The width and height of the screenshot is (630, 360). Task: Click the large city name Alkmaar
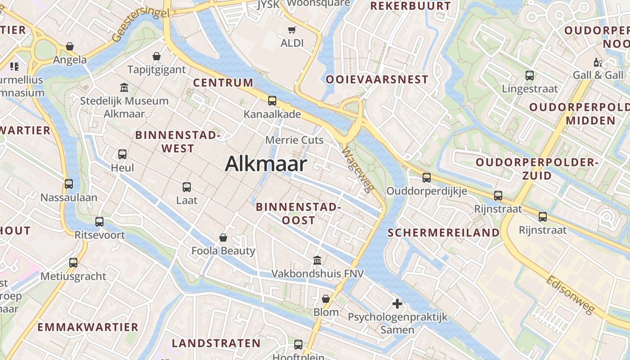(x=266, y=164)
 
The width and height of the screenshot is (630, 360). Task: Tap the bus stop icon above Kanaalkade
(x=272, y=101)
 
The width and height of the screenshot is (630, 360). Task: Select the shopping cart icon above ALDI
(x=292, y=30)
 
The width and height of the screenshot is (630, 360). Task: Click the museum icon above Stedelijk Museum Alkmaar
(x=124, y=87)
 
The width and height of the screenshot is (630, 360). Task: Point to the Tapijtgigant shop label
(x=157, y=70)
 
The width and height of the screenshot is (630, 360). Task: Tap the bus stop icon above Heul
(x=122, y=154)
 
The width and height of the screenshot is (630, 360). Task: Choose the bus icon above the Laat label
(x=187, y=187)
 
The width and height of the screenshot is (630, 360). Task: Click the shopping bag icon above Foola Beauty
(x=223, y=237)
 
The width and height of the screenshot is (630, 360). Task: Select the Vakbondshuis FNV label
(x=317, y=274)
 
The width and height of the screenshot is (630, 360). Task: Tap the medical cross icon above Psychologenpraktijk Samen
(x=397, y=304)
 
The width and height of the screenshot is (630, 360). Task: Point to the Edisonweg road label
(x=570, y=295)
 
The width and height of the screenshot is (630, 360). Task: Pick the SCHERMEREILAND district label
(x=443, y=233)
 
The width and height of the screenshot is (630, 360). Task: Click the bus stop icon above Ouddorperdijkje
(x=427, y=178)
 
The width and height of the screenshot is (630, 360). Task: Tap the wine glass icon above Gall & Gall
(x=598, y=62)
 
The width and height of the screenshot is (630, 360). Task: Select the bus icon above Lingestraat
(x=530, y=76)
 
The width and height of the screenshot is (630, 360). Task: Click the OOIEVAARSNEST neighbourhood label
(x=377, y=80)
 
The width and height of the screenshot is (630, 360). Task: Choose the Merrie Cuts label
(x=294, y=140)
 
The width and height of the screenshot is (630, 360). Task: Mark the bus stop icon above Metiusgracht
(x=73, y=263)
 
